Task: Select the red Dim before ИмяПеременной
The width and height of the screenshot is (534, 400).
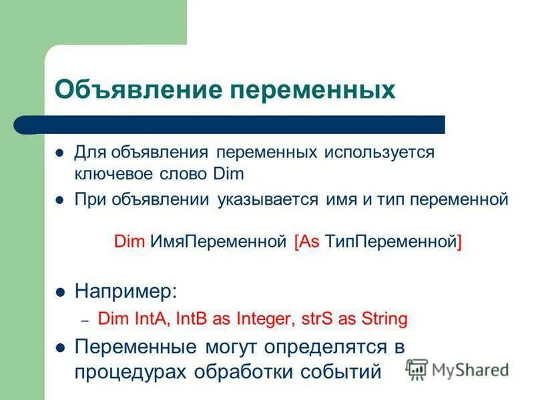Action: click(x=129, y=241)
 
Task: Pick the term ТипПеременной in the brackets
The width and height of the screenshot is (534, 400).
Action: click(x=390, y=241)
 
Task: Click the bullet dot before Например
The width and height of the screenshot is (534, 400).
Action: click(x=60, y=291)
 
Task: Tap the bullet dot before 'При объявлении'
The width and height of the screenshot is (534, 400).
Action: click(x=60, y=199)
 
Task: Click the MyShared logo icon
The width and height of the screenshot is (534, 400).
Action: click(x=417, y=369)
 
